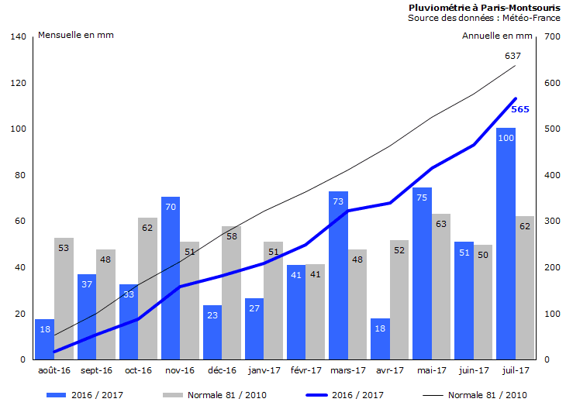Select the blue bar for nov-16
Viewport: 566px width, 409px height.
coord(171,278)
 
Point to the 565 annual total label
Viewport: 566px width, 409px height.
coord(520,109)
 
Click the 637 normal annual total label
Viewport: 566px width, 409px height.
coord(513,56)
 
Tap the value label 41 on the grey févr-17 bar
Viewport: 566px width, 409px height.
coord(316,274)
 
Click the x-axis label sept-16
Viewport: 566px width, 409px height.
coord(96,371)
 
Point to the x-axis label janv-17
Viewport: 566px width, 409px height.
coord(264,371)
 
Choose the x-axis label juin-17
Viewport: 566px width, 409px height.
coord(473,371)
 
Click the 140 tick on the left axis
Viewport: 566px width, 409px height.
coord(19,36)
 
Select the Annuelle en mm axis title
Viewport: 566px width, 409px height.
coord(497,35)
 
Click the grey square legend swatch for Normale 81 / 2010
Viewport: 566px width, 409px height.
coord(171,395)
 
